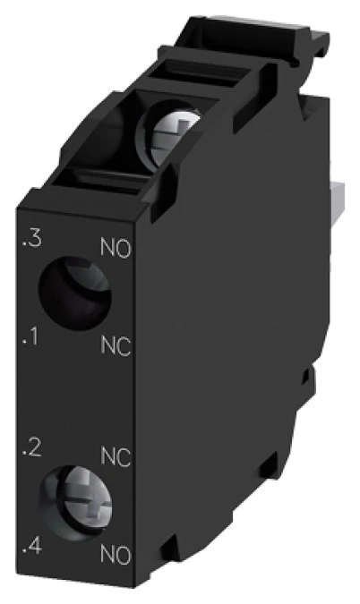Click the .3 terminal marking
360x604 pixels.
click(31, 240)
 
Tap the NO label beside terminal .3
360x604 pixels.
click(116, 248)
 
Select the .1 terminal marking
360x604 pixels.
click(30, 337)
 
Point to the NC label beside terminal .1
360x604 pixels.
click(116, 345)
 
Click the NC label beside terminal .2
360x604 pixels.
click(116, 456)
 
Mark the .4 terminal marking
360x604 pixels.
click(31, 547)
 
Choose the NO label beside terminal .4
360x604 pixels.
click(116, 555)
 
